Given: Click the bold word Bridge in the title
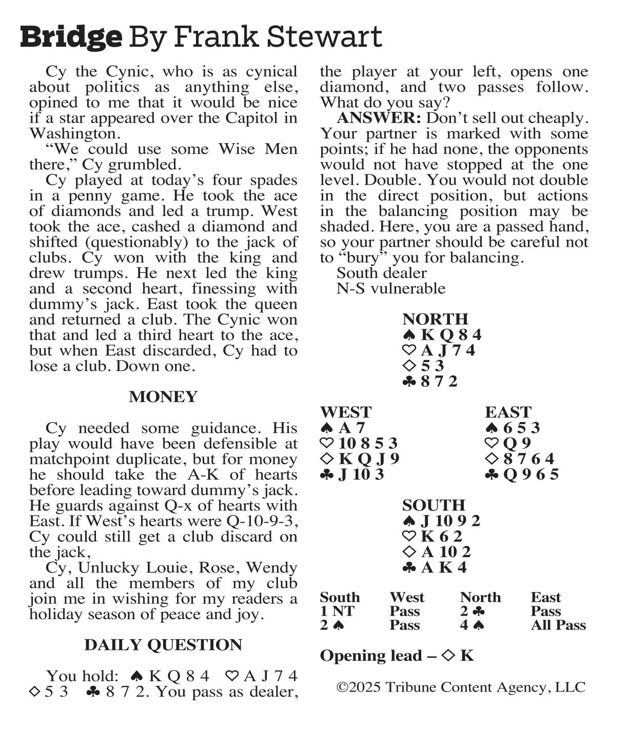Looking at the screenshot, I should pos(71,37).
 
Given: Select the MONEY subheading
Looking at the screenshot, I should pos(163,397).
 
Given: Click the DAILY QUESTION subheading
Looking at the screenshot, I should pos(163,645).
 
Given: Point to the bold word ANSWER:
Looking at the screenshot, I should pos(379,118).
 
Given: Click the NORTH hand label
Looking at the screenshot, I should pos(435,319).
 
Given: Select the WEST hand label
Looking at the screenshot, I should pos(345,412).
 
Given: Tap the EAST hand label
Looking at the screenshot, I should pos(508,412).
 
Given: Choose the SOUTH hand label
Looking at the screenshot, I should pos(434,505).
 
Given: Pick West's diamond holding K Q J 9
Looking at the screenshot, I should pos(368,459).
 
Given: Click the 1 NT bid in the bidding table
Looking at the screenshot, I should pos(337,611).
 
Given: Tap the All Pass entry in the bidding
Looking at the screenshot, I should pos(558,625).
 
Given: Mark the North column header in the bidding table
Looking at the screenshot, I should pos(480,598).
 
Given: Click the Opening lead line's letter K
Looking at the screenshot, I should pos(466,656).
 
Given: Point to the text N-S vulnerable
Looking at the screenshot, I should pos(390,288).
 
